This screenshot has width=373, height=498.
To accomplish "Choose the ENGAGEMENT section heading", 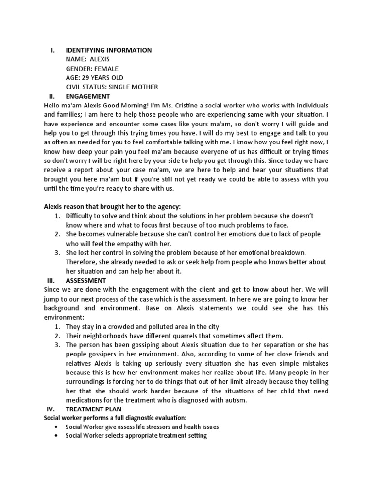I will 88,96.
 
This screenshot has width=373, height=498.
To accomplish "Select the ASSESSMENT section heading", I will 86,281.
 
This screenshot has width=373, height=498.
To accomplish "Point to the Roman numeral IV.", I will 52,409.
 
